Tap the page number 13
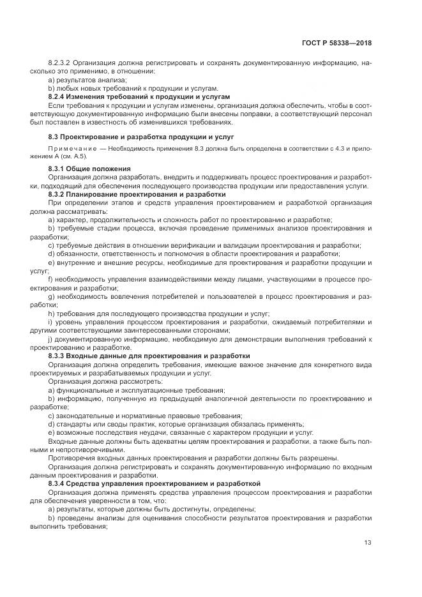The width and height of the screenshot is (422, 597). (368, 543)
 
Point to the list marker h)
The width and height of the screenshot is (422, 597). (51, 314)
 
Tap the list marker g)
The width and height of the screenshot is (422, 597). (51, 297)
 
